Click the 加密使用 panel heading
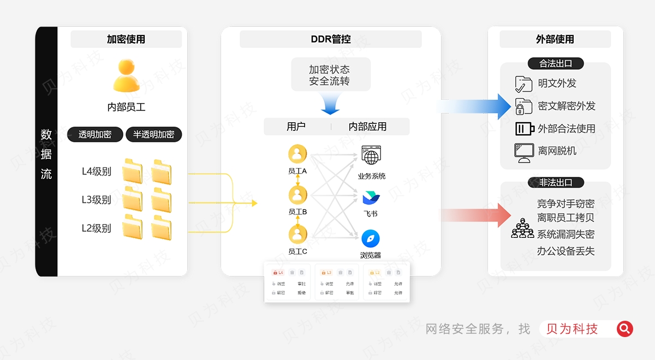[x=126, y=39]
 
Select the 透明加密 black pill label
[x=95, y=134]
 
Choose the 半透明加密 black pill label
[x=153, y=134]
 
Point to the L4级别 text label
[x=97, y=171]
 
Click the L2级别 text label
[x=97, y=228]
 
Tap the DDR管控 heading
[x=331, y=39]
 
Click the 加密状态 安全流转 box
[x=330, y=75]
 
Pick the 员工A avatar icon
[x=297, y=154]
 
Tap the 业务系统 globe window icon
[x=371, y=155]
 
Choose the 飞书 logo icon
[x=371, y=197]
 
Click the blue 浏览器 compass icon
[x=371, y=238]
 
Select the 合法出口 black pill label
[x=556, y=63]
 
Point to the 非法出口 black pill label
[x=556, y=182]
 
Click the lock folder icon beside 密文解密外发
[x=523, y=106]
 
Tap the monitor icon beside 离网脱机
[x=523, y=152]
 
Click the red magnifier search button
[x=625, y=328]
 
